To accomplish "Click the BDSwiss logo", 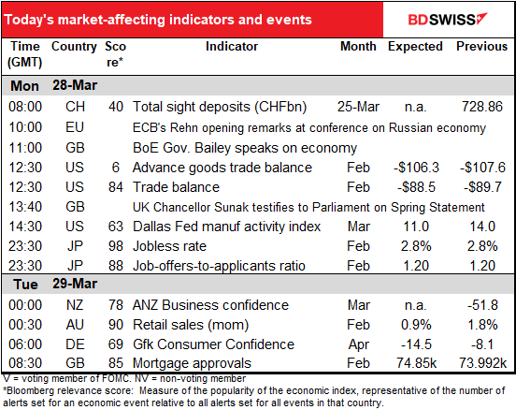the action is (448, 20).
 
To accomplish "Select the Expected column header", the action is (415, 47).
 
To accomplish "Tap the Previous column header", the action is (481, 46).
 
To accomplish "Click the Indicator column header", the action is (232, 46).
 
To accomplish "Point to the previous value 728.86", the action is (482, 107).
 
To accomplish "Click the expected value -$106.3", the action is (416, 168).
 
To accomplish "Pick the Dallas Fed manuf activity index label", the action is (226, 227).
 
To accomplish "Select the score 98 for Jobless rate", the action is (116, 246).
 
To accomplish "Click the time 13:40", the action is (25, 207).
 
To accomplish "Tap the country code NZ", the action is (75, 305).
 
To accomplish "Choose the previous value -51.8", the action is (482, 305).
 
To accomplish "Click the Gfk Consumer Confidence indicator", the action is (213, 344).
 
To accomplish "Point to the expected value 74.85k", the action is (416, 363).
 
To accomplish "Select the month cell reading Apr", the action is (359, 344).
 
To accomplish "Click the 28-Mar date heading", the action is (75, 85).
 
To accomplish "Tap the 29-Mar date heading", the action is (75, 284).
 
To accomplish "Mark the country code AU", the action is (75, 325).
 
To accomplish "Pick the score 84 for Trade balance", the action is (116, 187).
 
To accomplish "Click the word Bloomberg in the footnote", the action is (27, 391).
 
